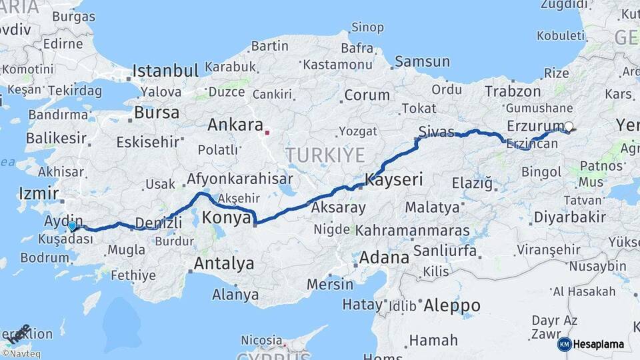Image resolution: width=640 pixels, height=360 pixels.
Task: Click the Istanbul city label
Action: [165, 71]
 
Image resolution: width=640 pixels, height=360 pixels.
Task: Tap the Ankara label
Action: [235, 125]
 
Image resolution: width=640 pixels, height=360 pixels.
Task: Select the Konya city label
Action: [226, 218]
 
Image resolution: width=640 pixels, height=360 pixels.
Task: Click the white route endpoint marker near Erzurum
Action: [569, 125]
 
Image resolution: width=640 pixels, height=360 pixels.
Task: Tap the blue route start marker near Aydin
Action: [72, 226]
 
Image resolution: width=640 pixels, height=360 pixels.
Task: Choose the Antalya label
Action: [223, 263]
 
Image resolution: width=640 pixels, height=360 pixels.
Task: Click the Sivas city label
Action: [437, 131]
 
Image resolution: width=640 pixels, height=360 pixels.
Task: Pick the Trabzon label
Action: [513, 91]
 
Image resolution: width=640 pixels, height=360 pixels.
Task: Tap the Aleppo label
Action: [452, 305]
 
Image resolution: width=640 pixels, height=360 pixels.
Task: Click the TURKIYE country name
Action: [325, 155]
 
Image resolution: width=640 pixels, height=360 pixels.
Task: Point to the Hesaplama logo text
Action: [598, 344]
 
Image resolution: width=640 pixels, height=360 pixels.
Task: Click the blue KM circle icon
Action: [564, 344]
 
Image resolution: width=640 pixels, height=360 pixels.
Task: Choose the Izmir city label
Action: [35, 193]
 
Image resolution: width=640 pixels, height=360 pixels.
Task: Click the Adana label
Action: [384, 257]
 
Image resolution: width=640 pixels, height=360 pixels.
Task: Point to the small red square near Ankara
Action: [267, 132]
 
